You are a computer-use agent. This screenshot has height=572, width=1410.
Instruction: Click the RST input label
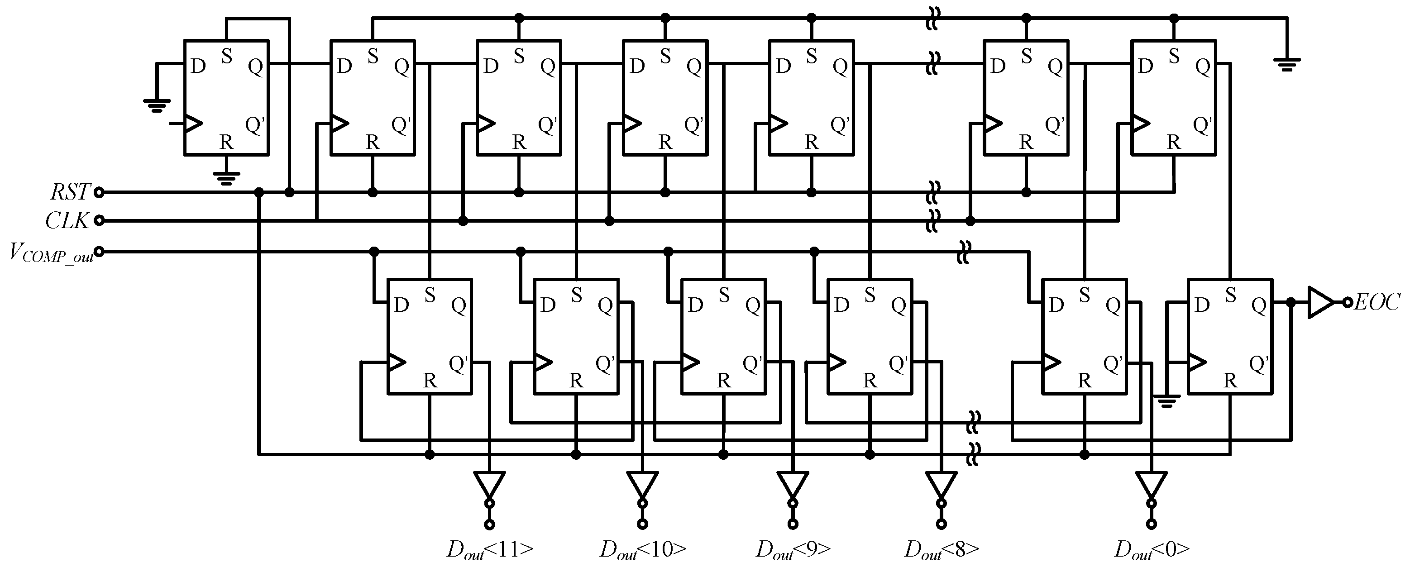[x=70, y=192]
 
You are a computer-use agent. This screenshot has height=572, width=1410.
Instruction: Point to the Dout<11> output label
[x=489, y=549]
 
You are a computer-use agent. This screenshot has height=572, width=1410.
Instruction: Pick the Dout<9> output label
[x=793, y=549]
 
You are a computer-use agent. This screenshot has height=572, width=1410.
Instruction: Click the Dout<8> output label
[x=941, y=549]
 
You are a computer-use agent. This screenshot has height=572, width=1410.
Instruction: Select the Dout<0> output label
[x=1151, y=549]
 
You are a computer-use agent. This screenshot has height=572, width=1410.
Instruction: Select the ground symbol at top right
[x=1287, y=65]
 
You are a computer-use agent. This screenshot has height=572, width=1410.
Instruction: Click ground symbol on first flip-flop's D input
[x=157, y=105]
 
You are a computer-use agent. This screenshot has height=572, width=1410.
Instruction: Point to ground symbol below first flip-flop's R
[x=226, y=178]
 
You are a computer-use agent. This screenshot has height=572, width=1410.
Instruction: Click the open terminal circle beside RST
[x=99, y=192]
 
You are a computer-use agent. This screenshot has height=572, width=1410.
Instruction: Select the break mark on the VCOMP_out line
[x=963, y=252]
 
